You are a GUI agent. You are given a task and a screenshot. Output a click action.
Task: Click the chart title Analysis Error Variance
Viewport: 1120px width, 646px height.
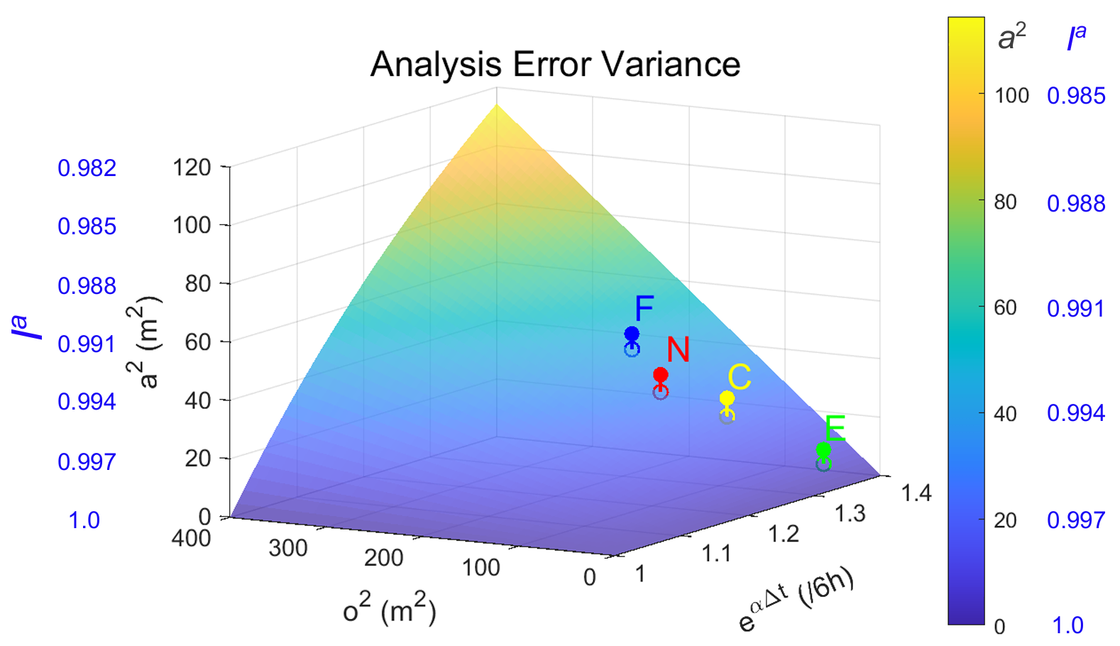pos(555,65)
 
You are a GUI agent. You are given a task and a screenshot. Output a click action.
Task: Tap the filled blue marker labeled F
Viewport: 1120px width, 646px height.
pos(632,334)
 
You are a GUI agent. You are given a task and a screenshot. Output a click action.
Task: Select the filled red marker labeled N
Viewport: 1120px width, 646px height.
pos(660,375)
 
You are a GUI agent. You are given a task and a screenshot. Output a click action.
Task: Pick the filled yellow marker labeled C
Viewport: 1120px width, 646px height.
pos(727,398)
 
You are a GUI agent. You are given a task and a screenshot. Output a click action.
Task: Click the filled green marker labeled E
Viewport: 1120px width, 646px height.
pos(823,450)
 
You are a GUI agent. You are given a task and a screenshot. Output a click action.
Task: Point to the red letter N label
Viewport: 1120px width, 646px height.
pos(678,349)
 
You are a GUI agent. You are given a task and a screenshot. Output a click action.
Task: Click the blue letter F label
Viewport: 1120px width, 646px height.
pos(644,309)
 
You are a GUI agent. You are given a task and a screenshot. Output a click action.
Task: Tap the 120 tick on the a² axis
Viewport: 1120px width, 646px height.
pos(192,168)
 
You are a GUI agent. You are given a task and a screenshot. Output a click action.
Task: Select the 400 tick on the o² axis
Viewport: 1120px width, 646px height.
pos(192,538)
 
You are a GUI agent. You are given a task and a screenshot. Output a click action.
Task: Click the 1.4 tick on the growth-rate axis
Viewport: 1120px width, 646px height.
pos(916,493)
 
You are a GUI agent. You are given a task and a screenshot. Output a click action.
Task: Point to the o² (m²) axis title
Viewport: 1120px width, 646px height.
pos(389,609)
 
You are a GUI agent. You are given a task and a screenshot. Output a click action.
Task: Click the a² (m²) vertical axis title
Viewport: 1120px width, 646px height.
pos(147,342)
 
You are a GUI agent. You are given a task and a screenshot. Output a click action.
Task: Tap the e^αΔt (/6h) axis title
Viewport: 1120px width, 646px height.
pos(795,601)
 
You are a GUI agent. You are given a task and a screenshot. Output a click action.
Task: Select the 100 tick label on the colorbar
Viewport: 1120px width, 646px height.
pos(1011,96)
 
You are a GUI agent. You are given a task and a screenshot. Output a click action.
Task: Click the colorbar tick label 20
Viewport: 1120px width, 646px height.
pos(1005,520)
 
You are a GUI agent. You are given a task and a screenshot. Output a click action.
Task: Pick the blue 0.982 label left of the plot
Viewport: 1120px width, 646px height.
pos(87,168)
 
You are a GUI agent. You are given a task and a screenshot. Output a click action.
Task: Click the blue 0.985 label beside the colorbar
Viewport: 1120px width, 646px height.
pos(1076,96)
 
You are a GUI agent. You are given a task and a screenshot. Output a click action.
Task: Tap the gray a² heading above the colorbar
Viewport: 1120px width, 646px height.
pos(1011,38)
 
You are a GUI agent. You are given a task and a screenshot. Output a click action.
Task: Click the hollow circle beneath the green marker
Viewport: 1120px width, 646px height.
pos(823,464)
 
